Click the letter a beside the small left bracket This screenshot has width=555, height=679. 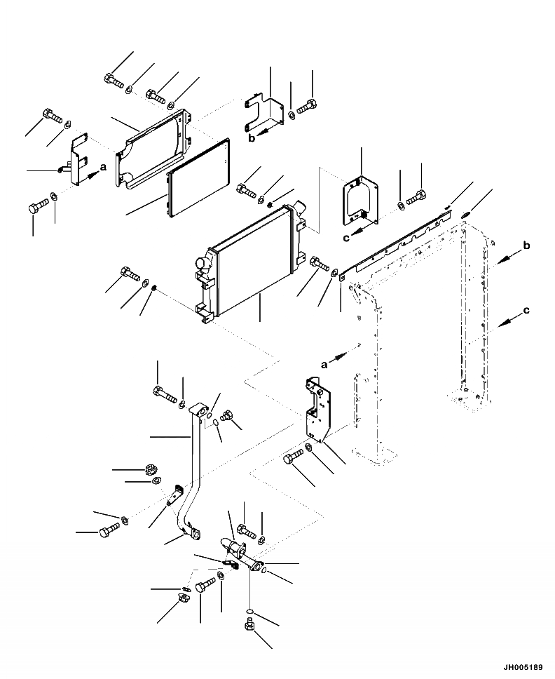click(102, 167)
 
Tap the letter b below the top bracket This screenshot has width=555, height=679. click(252, 138)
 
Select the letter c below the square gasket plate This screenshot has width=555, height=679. click(346, 238)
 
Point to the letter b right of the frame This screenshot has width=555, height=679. click(526, 246)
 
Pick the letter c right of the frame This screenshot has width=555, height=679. click(526, 309)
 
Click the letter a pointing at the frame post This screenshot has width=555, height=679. click(324, 364)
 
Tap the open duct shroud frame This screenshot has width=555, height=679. click(154, 147)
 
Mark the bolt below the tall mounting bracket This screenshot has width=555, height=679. click(292, 460)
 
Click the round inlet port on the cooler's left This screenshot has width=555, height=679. click(203, 265)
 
